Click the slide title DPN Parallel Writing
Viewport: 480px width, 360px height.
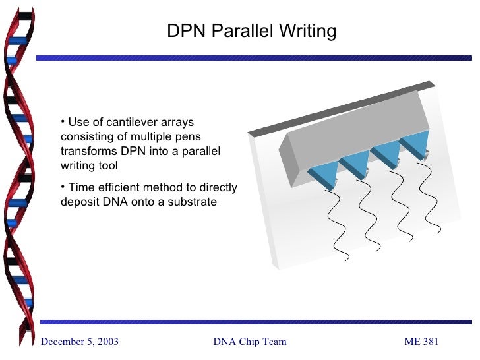click(x=251, y=31)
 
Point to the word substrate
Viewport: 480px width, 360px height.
click(x=191, y=202)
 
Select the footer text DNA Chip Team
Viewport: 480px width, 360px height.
click(x=250, y=341)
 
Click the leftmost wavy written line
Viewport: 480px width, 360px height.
click(x=340, y=224)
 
